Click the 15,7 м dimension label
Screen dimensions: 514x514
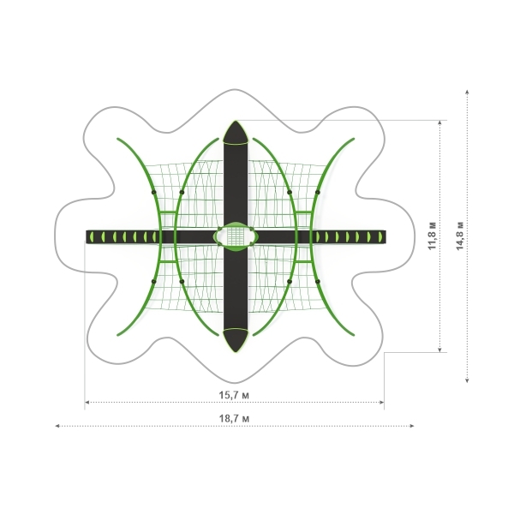(x=234, y=395)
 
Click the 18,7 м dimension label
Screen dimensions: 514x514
(x=234, y=419)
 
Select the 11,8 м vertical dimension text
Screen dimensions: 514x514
(x=433, y=236)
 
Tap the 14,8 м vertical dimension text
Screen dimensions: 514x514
(x=460, y=236)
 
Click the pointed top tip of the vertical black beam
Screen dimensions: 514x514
(x=236, y=121)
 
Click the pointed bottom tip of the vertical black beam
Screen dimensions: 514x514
(x=236, y=352)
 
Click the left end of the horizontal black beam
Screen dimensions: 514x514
(x=87, y=236)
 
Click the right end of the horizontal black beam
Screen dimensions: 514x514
(x=385, y=236)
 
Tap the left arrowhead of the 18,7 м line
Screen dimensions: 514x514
(x=57, y=426)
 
